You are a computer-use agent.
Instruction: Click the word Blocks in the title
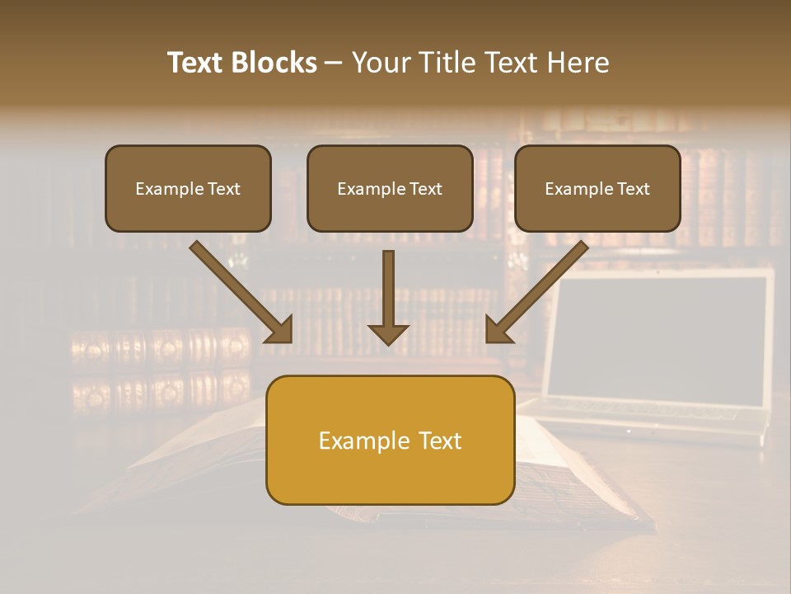click(x=274, y=63)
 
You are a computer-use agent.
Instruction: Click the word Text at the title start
click(x=195, y=63)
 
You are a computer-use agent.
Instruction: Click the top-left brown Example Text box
click(x=188, y=189)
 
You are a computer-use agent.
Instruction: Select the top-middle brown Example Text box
click(x=390, y=189)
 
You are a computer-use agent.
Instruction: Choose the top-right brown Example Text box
click(x=597, y=189)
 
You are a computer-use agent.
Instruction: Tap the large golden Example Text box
click(x=390, y=440)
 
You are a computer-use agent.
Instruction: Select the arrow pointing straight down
click(x=388, y=297)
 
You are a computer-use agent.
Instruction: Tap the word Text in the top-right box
click(x=633, y=189)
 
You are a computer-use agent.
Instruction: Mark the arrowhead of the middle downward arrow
click(x=388, y=333)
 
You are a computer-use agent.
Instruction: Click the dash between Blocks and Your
click(x=334, y=63)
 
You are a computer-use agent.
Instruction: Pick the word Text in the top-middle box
click(x=425, y=189)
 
